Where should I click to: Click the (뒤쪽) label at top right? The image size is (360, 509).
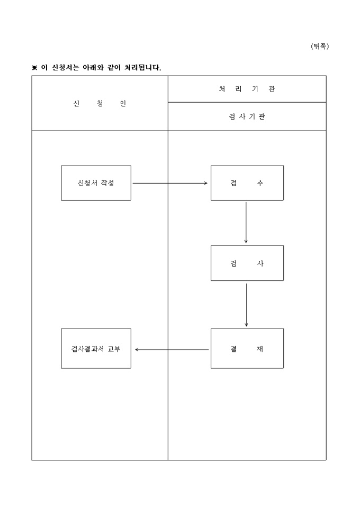[320, 47]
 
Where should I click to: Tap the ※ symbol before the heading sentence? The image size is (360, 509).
[35, 68]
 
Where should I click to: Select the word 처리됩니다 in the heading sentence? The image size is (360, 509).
[142, 68]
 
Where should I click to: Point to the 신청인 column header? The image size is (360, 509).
[100, 103]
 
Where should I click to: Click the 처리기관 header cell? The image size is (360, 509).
[247, 89]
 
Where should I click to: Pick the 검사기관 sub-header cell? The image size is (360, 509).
[247, 116]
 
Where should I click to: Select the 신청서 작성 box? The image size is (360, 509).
[96, 183]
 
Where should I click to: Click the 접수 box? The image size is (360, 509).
[247, 183]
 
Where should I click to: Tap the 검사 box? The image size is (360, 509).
[247, 263]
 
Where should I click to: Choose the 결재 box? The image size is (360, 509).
[247, 349]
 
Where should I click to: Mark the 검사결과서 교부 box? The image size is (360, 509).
[96, 349]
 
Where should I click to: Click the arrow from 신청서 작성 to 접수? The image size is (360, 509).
[169, 183]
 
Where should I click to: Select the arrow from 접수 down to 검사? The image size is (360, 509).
[246, 222]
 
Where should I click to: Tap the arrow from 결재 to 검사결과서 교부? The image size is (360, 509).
[172, 349]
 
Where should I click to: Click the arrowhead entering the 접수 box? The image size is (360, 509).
[205, 183]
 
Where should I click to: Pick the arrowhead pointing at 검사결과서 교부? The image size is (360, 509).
[137, 349]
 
